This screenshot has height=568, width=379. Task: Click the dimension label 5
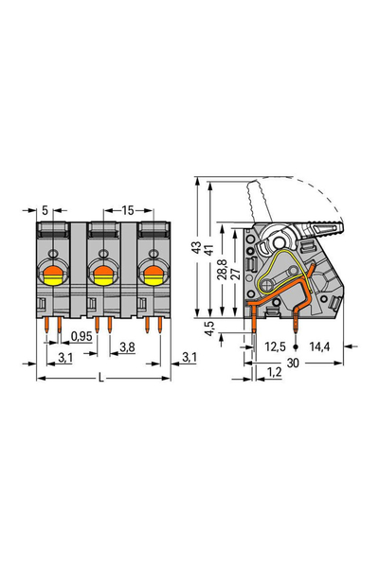(x=45, y=209)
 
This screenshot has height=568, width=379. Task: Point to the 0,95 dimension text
(x=81, y=336)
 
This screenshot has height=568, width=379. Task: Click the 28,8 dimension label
(x=222, y=273)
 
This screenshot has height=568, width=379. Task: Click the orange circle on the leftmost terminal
(x=53, y=276)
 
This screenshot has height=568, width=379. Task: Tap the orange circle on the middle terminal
(x=101, y=276)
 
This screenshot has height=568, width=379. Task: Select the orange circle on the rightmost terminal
(x=151, y=276)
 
